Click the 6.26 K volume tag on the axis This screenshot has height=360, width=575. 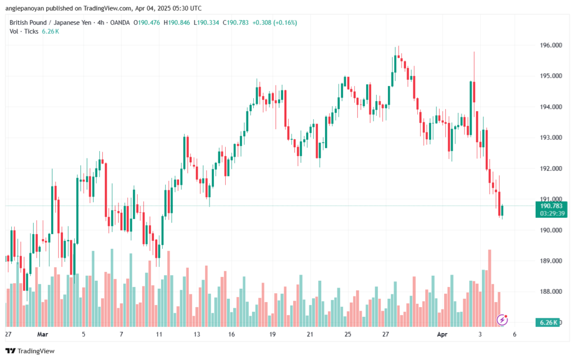pyautogui.click(x=548, y=322)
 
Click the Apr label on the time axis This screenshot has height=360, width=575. pyautogui.click(x=442, y=334)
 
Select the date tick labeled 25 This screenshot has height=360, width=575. pyautogui.click(x=348, y=334)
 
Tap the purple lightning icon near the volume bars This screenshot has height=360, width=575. pyautogui.click(x=503, y=320)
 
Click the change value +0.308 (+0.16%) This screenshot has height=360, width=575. pyautogui.click(x=275, y=22)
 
